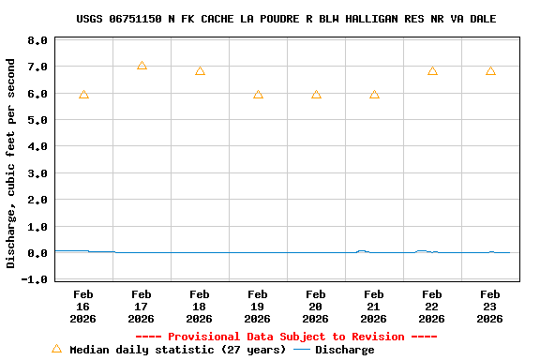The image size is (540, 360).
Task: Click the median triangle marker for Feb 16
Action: [83, 95]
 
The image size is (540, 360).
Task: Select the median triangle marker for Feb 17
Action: [142, 66]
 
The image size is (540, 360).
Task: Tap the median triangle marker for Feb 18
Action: [200, 71]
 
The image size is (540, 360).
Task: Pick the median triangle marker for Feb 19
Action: [258, 95]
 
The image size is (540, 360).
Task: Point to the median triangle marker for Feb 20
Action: [316, 95]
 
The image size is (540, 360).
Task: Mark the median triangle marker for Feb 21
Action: [374, 95]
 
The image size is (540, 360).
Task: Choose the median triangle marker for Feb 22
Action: [432, 71]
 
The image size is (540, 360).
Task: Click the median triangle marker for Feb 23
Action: [490, 71]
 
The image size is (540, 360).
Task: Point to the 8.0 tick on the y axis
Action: [37, 41]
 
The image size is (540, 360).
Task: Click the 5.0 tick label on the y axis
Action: [37, 121]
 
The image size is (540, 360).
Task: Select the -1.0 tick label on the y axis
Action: [35, 279]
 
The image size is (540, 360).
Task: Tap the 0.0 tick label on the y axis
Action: [37, 253]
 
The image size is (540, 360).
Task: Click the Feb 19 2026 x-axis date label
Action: [258, 306]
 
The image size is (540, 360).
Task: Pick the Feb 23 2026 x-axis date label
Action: [490, 306]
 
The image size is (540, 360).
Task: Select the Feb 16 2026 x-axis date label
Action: [83, 306]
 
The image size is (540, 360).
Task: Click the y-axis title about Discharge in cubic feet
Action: [11, 163]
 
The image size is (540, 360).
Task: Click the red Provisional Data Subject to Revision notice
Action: [286, 337]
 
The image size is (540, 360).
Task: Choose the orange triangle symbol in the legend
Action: [56, 349]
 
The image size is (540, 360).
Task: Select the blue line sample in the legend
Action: [302, 350]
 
